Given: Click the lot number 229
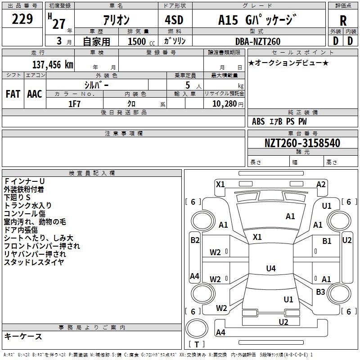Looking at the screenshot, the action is tap(22, 19).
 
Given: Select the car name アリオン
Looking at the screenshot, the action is tap(116, 20).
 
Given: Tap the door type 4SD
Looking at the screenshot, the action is tap(174, 20).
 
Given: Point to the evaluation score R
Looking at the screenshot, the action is tap(343, 21).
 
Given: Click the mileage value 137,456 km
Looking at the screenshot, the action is tap(53, 65).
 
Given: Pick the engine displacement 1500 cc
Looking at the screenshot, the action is tap(141, 41).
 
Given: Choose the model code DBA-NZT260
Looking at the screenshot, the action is tap(258, 41).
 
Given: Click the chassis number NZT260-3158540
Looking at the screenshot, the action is tap(302, 143).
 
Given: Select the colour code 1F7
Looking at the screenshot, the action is tap(74, 104).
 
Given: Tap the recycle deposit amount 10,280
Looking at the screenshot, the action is tap(225, 104).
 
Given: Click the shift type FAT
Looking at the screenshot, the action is tap(13, 94).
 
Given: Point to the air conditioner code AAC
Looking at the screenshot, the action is tap(35, 94).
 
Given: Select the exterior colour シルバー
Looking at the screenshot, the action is tap(96, 85).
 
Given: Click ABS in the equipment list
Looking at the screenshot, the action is tap(258, 121).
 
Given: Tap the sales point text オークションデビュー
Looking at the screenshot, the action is tap(288, 63).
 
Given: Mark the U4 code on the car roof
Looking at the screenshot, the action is tap(271, 268).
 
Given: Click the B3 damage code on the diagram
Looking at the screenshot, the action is tap(320, 292).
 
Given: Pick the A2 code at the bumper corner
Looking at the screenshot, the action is tap(321, 184).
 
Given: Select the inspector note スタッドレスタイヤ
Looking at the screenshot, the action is tap(34, 262).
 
